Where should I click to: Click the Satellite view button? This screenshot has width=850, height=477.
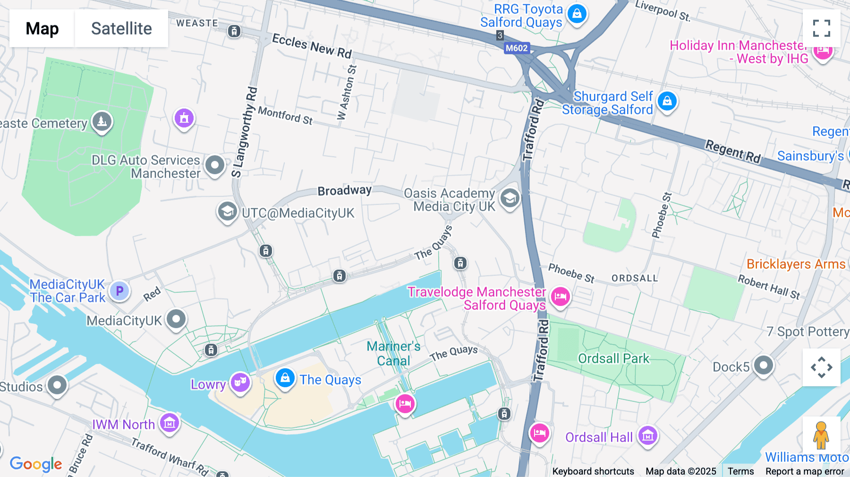[x=121, y=28]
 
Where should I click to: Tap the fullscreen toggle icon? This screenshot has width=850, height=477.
[x=821, y=28]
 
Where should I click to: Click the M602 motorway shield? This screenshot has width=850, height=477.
[x=517, y=48]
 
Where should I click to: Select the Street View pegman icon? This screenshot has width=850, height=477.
[x=821, y=435]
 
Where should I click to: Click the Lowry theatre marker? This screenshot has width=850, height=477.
[x=240, y=382]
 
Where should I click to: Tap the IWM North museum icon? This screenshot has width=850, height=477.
[x=169, y=423]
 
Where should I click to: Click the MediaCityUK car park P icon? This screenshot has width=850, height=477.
[x=119, y=291]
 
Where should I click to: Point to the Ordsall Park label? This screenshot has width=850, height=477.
[x=613, y=358]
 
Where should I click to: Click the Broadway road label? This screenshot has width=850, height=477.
[x=344, y=190]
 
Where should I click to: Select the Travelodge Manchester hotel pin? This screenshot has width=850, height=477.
[x=560, y=296]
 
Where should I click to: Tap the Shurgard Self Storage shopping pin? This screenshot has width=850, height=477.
[x=667, y=101]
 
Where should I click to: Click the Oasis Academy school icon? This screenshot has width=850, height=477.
[x=510, y=198]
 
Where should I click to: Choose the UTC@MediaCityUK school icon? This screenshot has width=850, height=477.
[x=227, y=211]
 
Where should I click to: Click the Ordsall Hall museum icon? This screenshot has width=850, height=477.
[x=647, y=435]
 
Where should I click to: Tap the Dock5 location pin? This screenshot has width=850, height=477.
[x=763, y=365]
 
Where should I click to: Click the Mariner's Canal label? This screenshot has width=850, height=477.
[x=393, y=353]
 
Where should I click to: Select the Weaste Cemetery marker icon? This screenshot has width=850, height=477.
[x=102, y=121]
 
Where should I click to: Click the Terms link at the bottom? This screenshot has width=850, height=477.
[x=740, y=471]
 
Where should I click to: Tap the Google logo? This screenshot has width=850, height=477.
[x=36, y=464]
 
